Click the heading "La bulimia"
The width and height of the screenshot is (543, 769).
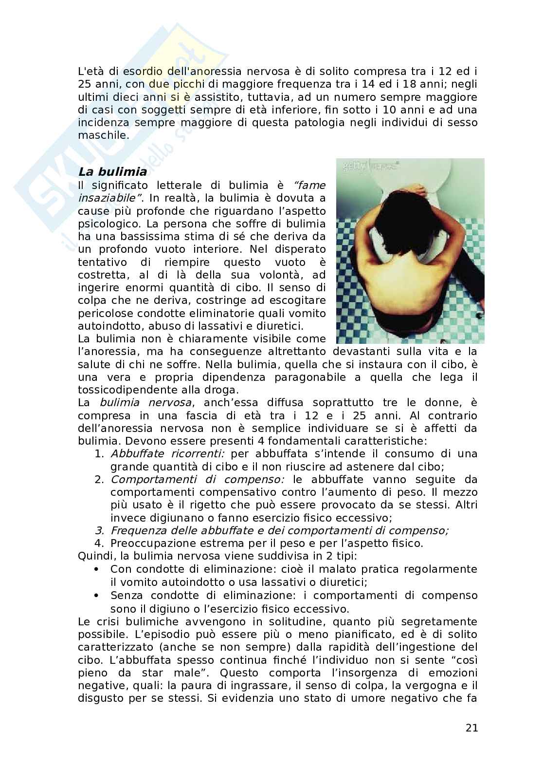[112, 172]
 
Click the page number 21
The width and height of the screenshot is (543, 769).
[471, 728]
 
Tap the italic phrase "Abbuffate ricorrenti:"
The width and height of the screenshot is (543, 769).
[167, 454]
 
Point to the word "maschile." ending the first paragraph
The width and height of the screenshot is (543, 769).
[103, 135]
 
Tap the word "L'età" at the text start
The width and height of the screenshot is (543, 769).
[91, 70]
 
